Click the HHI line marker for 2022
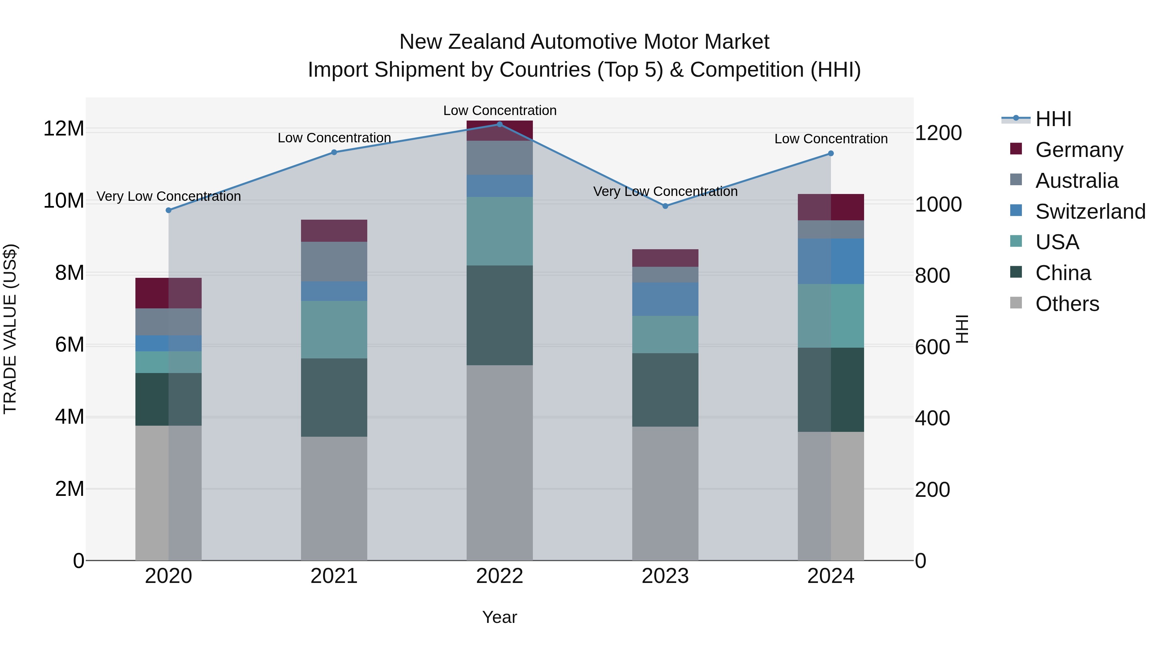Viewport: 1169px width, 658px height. [x=500, y=124]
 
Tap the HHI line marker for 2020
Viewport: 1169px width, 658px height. [x=168, y=210]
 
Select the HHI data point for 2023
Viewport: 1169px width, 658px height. [x=665, y=206]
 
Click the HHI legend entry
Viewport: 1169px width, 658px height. [x=1053, y=119]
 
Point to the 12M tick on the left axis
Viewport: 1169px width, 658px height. [x=64, y=128]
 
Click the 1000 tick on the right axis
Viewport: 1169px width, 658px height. [x=937, y=204]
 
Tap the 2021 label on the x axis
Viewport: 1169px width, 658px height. [x=334, y=576]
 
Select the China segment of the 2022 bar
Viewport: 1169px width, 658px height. [x=500, y=315]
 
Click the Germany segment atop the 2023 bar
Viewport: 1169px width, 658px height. [x=665, y=258]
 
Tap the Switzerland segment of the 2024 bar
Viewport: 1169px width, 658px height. [x=831, y=261]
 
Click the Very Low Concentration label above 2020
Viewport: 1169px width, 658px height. [x=168, y=196]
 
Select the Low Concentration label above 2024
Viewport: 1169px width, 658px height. [x=831, y=139]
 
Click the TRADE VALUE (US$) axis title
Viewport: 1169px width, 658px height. [x=10, y=329]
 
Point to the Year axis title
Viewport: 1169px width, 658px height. [x=500, y=617]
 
